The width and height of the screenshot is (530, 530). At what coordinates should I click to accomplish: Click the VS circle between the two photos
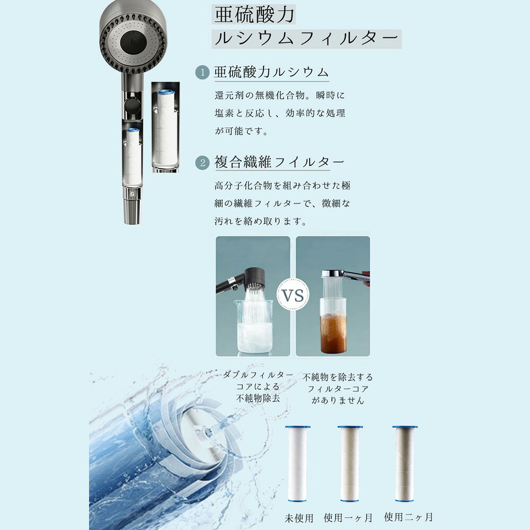(293, 295)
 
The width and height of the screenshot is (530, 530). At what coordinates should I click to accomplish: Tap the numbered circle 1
(202, 72)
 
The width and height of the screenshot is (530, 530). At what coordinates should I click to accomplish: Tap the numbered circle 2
(202, 163)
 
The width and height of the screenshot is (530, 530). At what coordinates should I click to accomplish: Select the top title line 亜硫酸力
(254, 15)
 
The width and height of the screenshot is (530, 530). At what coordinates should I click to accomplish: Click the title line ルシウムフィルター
(306, 39)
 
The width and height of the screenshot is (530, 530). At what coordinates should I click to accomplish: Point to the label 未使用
(299, 518)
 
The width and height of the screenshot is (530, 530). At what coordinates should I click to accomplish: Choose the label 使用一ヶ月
(348, 517)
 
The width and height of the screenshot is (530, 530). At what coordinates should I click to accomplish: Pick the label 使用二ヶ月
(408, 517)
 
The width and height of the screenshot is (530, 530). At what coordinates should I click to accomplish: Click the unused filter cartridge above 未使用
(297, 464)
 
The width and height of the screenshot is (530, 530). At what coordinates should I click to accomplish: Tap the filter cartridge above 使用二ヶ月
(404, 464)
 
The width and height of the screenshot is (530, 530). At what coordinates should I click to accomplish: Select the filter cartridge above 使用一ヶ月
(350, 464)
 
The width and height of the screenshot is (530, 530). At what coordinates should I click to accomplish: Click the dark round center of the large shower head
(134, 43)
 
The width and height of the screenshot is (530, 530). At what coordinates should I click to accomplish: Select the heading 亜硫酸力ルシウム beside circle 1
(271, 72)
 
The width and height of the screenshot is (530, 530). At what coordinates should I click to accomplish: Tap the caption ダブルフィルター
(258, 375)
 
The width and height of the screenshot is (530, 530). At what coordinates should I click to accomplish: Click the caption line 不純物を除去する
(338, 377)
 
